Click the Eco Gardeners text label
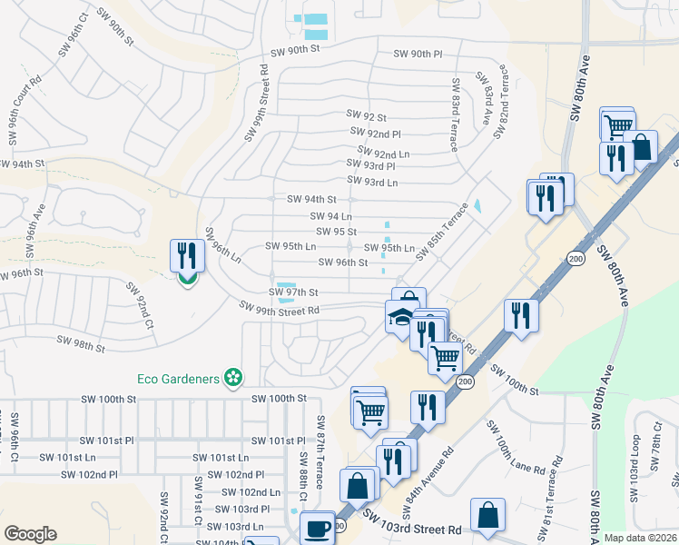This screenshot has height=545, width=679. (x=180, y=378)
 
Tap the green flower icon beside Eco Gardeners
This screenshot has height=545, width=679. (x=233, y=377)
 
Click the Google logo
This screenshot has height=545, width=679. (x=31, y=534)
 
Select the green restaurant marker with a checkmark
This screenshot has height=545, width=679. (x=186, y=260)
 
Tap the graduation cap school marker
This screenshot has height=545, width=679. (x=399, y=318)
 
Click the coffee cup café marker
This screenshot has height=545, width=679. (x=317, y=528)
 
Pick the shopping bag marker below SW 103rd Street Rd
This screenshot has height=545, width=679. (x=488, y=515)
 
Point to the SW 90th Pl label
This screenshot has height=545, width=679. (x=418, y=54)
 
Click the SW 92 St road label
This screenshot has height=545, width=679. (x=367, y=116)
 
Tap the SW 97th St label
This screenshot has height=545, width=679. (x=293, y=292)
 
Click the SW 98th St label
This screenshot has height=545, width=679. (x=82, y=344)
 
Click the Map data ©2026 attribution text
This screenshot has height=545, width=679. (x=639, y=538)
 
